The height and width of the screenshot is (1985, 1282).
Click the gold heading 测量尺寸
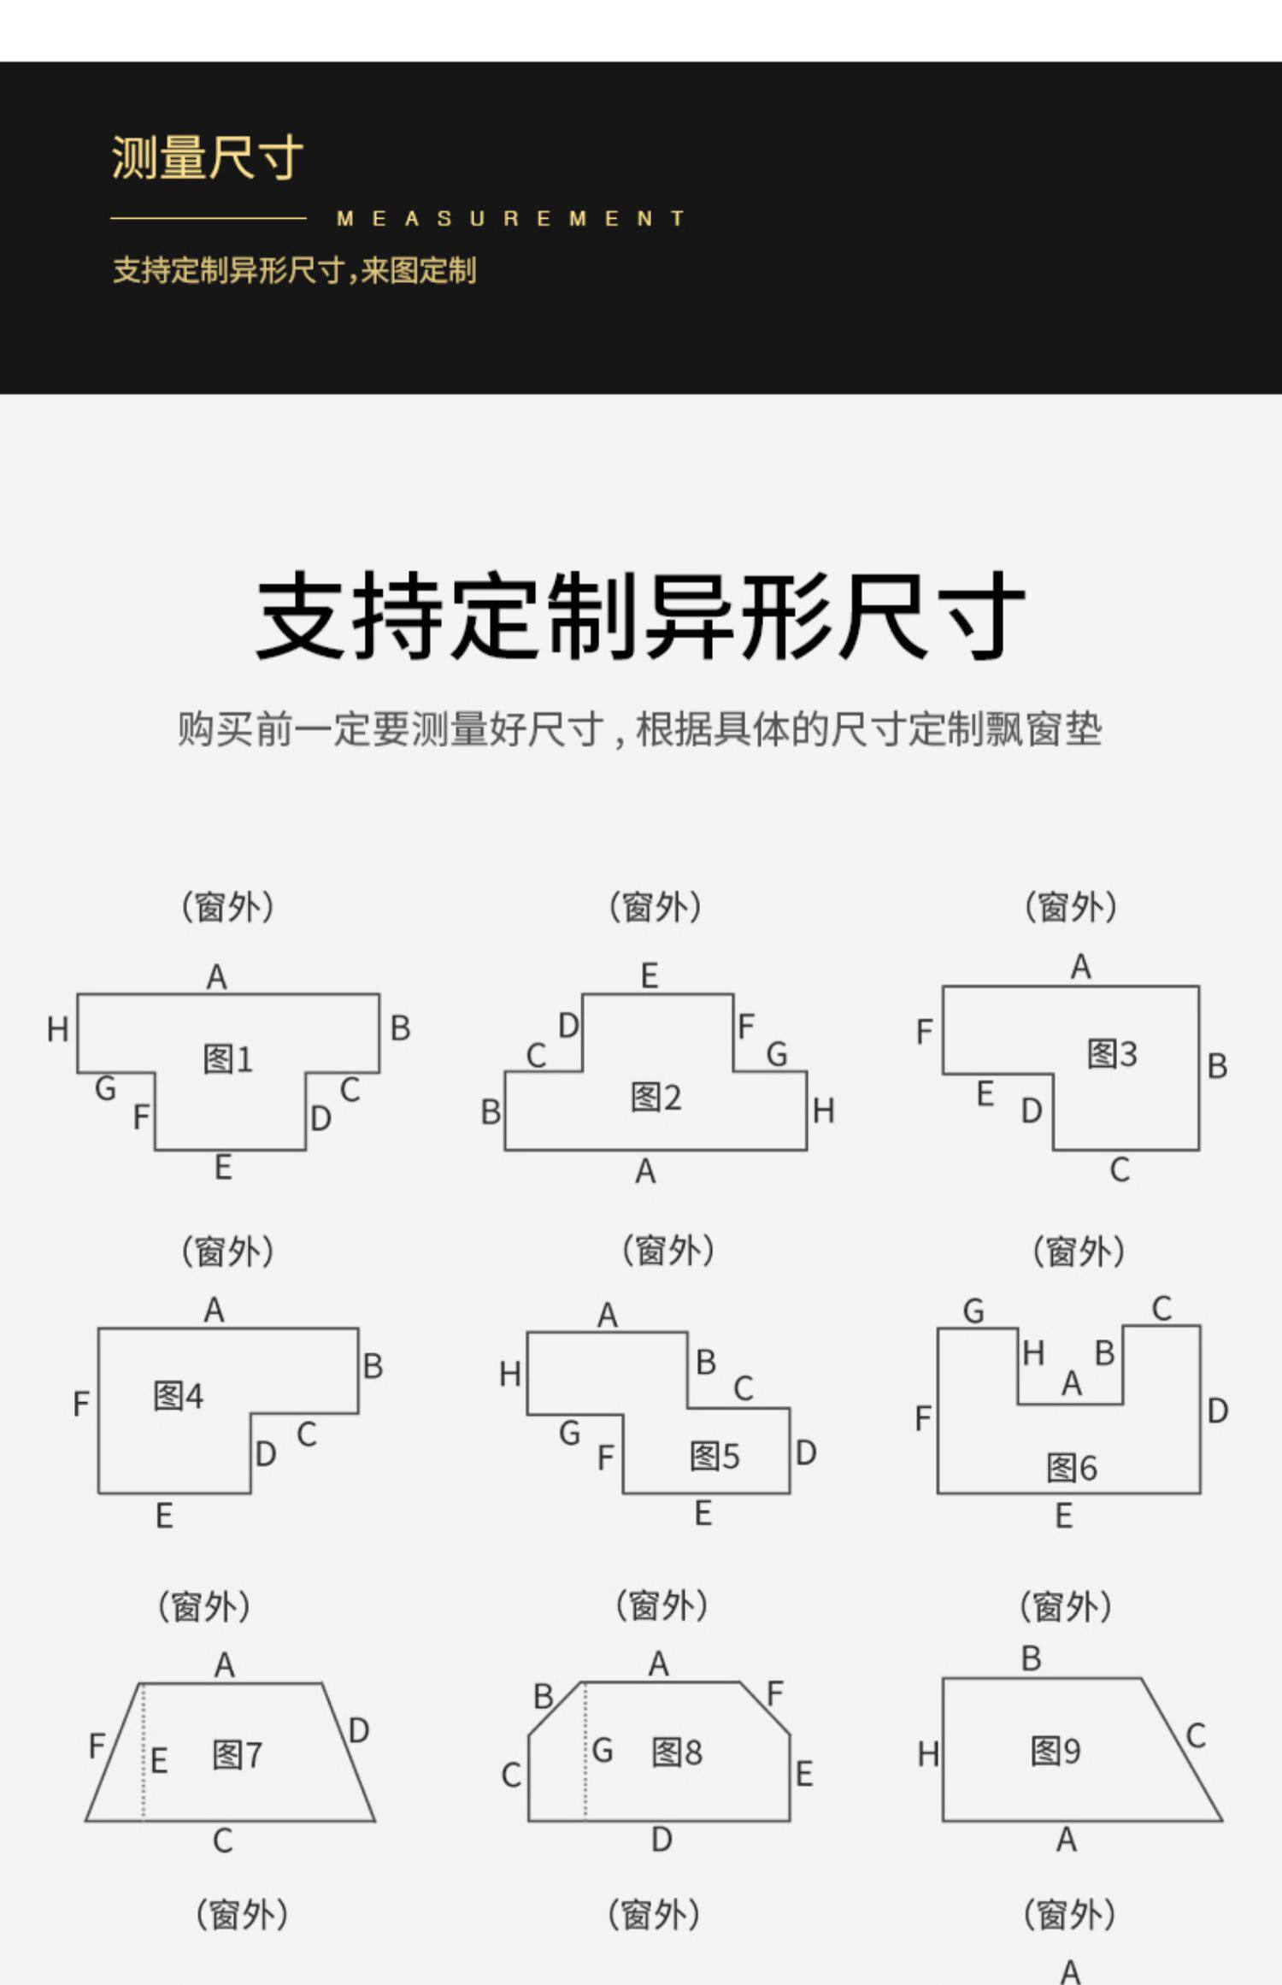click(x=207, y=158)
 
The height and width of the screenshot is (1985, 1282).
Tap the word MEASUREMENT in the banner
click(x=510, y=219)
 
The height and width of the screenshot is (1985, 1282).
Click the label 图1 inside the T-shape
click(x=228, y=1059)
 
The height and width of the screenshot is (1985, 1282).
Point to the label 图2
click(x=656, y=1097)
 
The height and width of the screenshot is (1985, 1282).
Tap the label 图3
click(x=1112, y=1054)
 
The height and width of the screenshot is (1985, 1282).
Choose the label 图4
click(x=178, y=1396)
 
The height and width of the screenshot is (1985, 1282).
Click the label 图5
click(x=715, y=1456)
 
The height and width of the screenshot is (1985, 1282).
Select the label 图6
click(x=1072, y=1468)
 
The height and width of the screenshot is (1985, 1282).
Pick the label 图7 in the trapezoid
click(x=237, y=1755)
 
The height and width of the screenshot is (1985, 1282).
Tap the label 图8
click(x=676, y=1752)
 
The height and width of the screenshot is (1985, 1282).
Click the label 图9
click(x=1056, y=1751)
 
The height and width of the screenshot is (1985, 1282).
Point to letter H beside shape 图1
click(x=57, y=1029)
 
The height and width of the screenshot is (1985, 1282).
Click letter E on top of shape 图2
click(x=650, y=975)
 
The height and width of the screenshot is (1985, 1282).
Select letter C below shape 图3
click(x=1120, y=1169)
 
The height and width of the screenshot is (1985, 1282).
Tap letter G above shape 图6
click(x=973, y=1311)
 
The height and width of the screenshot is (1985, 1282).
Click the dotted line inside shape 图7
click(x=143, y=1752)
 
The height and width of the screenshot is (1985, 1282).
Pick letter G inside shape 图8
click(x=603, y=1751)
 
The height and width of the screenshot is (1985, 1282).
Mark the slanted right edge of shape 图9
click(x=1182, y=1749)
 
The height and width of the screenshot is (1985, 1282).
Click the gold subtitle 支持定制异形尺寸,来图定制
click(x=294, y=271)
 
